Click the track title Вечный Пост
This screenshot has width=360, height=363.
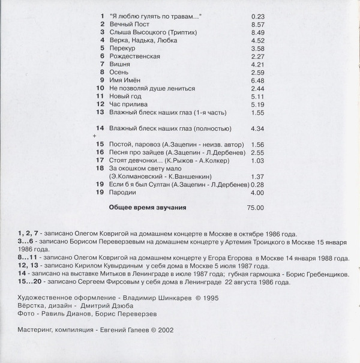(x=127, y=24)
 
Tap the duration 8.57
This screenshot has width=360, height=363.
(x=257, y=24)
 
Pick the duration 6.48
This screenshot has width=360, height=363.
(x=257, y=80)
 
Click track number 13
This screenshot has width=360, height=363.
(x=100, y=112)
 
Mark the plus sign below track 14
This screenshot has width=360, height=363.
(x=94, y=136)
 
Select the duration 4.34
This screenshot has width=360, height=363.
(x=257, y=128)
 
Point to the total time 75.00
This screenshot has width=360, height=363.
(x=256, y=208)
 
